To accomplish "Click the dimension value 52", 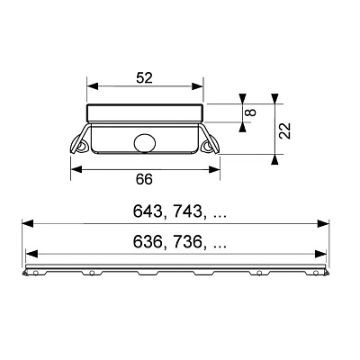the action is [145, 78].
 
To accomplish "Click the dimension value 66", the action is [144, 179].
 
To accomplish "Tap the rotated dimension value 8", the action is [251, 112].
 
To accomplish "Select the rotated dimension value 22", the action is [285, 130].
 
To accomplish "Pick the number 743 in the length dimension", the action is [184, 211].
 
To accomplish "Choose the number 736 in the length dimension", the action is [184, 242].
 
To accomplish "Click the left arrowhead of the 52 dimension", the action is [93, 86].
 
